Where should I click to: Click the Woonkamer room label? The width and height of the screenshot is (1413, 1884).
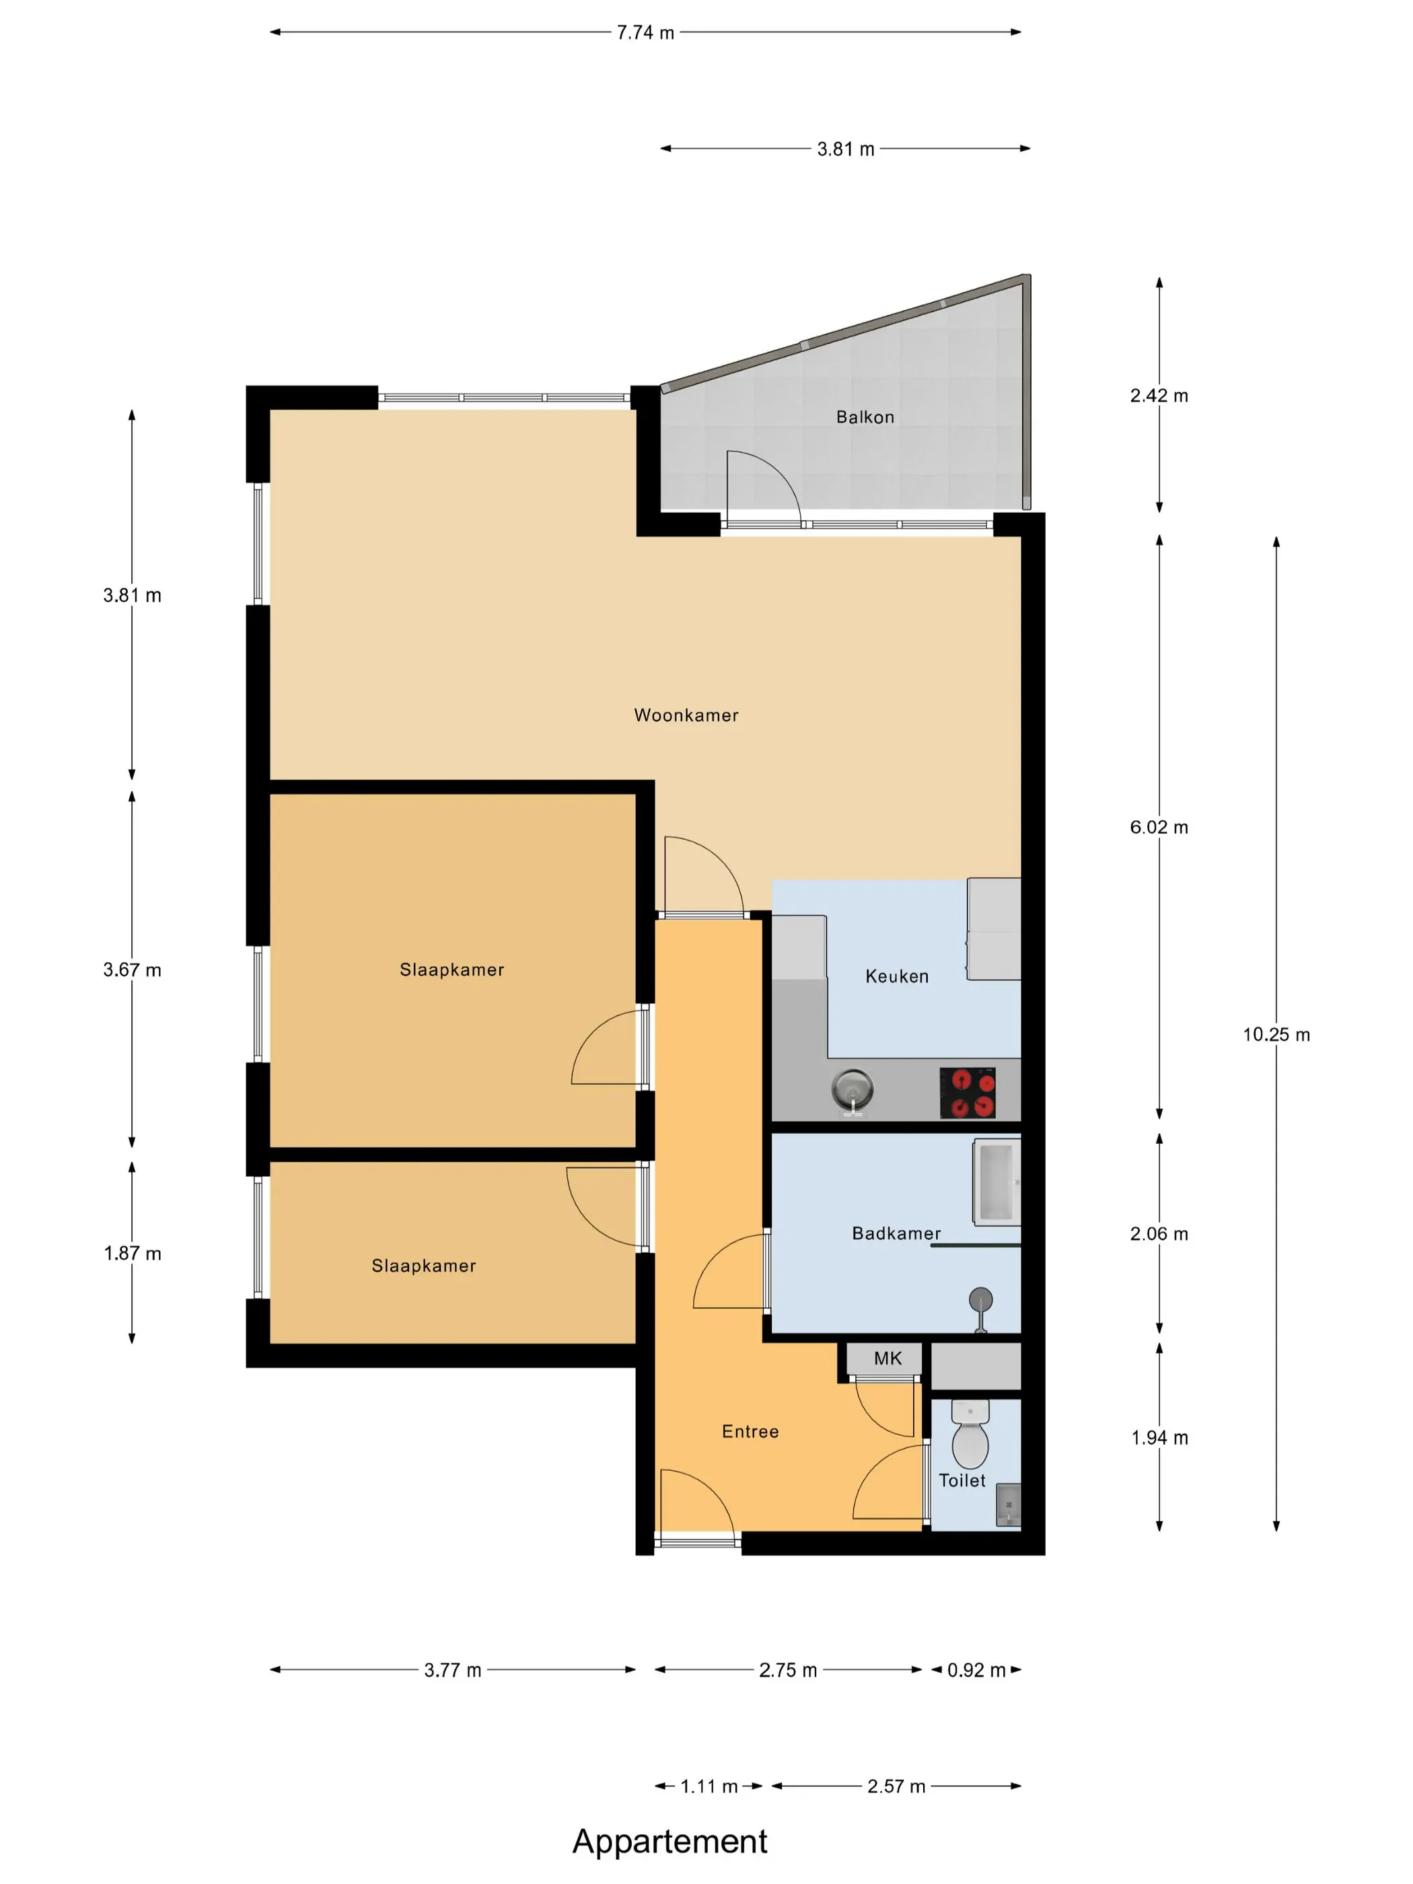click(686, 715)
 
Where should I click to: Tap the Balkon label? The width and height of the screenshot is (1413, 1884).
click(865, 416)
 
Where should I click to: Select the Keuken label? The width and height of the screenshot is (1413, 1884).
click(897, 976)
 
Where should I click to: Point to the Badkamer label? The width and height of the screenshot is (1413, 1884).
click(896, 1233)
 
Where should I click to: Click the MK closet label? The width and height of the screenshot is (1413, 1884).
click(887, 1358)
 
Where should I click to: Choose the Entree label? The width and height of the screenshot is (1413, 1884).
click(750, 1432)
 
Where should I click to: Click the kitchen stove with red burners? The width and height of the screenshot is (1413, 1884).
click(968, 1093)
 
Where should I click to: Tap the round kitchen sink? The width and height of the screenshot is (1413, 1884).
click(853, 1090)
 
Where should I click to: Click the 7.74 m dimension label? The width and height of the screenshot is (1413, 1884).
click(645, 32)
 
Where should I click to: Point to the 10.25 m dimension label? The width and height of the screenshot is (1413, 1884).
click(1276, 1035)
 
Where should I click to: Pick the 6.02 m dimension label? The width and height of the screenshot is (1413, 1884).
click(1159, 827)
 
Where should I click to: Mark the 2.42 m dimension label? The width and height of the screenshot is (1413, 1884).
click(1159, 395)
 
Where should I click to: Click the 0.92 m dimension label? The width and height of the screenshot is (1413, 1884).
click(976, 1670)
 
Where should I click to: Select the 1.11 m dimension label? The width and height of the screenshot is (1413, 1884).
click(709, 1786)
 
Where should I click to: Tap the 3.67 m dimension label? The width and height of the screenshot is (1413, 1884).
click(132, 970)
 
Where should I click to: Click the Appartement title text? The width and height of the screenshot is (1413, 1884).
click(669, 1842)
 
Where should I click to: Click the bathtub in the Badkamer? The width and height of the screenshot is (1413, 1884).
click(997, 1182)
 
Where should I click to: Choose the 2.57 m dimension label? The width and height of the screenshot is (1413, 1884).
click(896, 1786)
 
